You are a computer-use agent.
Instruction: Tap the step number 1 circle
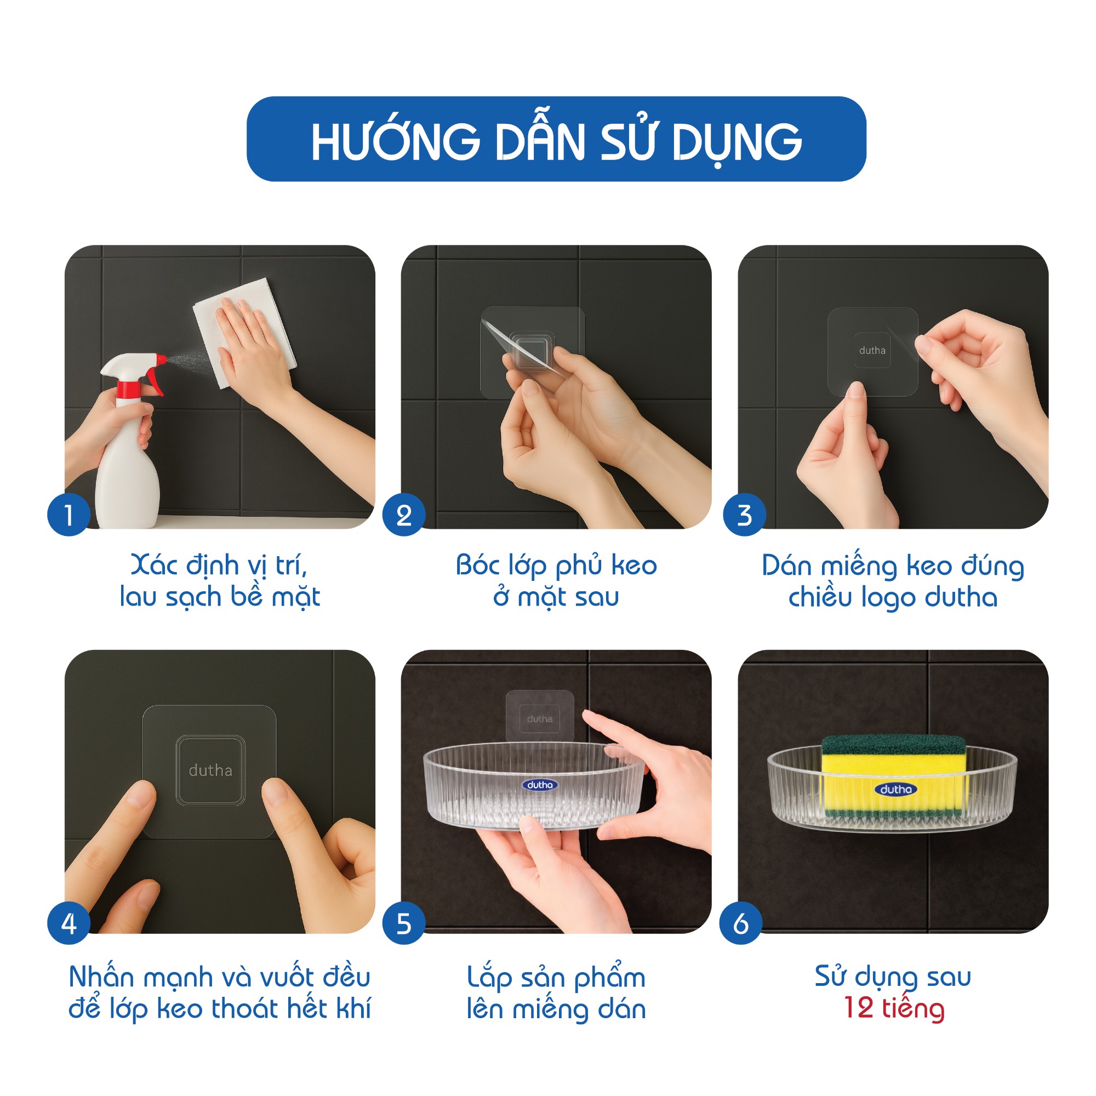point(68,515)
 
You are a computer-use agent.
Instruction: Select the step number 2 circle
point(404,515)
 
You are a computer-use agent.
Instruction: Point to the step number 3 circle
point(744,515)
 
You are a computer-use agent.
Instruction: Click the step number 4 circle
point(68,923)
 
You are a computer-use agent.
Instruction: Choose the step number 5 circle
point(404,923)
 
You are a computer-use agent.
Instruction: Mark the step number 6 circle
point(741,923)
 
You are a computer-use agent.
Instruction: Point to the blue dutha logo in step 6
point(896,789)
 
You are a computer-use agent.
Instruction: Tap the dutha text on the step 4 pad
point(210,770)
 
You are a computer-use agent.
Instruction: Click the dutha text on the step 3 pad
point(872,351)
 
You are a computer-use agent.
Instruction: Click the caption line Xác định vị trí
point(219,566)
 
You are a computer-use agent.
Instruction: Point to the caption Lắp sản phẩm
point(557,978)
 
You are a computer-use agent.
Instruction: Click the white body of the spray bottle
point(126,460)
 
